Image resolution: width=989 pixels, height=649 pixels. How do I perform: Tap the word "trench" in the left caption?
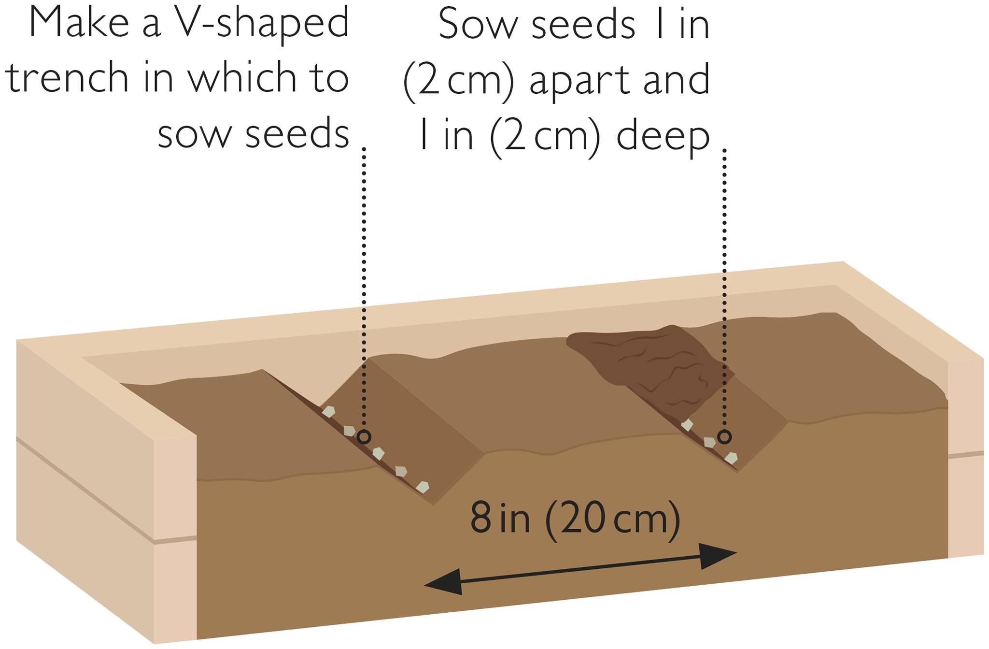click(x=67, y=77)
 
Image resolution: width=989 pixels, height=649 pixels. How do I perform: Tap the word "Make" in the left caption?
click(x=79, y=23)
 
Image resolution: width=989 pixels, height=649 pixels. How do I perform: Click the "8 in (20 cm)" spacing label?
click(x=575, y=519)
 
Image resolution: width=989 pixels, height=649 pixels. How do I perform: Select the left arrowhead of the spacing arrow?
click(x=442, y=582)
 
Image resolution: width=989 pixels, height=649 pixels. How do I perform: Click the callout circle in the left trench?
click(x=364, y=437)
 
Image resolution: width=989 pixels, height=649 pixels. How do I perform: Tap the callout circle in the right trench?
click(x=724, y=437)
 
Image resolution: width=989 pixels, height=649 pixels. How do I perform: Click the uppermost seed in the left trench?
click(x=328, y=412)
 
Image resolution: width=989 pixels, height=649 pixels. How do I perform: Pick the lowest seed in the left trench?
click(x=423, y=487)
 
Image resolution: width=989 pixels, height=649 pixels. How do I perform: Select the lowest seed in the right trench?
click(x=731, y=458)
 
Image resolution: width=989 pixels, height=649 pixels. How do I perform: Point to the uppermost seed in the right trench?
click(x=687, y=425)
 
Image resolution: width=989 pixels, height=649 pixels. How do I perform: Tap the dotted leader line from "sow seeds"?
click(x=364, y=288)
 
